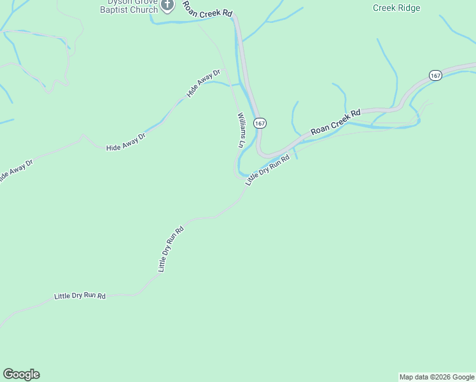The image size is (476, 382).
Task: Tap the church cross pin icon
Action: point(167,6)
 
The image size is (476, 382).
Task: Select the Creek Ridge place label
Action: point(396,8)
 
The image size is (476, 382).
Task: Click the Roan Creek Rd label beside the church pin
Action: point(208,10)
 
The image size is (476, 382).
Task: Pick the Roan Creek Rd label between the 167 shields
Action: point(335,122)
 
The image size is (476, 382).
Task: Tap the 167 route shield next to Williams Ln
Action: point(259,122)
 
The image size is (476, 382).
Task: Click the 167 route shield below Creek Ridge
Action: point(435,75)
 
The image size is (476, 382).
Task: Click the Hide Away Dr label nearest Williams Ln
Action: point(203,83)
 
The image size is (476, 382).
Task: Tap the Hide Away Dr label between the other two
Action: point(126,142)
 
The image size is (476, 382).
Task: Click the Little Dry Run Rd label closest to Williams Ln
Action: point(267,170)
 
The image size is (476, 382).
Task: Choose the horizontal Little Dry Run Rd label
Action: point(80,296)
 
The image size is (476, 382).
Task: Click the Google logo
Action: point(21,374)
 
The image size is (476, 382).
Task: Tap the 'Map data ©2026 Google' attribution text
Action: point(437,377)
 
